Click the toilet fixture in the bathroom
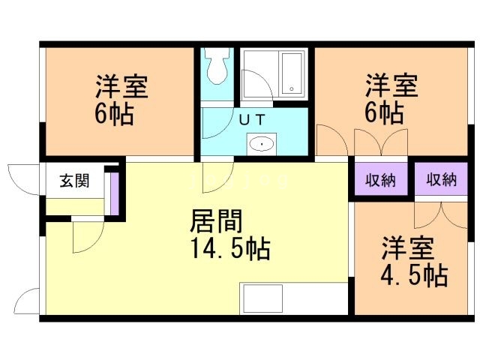(x=217, y=67)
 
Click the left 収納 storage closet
(x=380, y=180)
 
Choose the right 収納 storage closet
(x=442, y=180)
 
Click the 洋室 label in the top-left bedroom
(x=121, y=86)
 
